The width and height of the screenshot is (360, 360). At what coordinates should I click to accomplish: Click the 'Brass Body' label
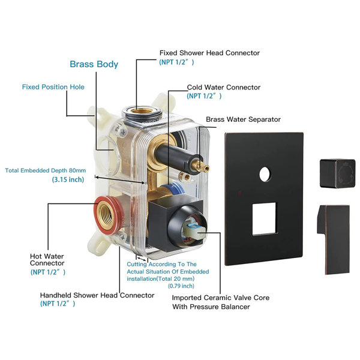click(94, 64)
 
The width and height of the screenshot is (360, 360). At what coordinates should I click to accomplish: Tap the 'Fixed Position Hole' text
click(53, 87)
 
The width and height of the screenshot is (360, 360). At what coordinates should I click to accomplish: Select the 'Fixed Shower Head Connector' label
click(209, 53)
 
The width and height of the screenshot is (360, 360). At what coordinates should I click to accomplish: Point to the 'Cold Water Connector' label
click(224, 87)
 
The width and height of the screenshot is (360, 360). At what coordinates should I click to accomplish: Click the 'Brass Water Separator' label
click(243, 119)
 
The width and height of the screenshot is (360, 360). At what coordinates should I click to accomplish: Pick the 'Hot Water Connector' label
click(47, 260)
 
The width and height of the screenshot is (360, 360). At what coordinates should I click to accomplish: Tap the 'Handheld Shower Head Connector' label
click(97, 295)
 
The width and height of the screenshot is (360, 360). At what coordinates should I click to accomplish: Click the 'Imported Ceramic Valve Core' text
click(221, 298)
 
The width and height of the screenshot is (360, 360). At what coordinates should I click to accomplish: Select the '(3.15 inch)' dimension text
click(68, 179)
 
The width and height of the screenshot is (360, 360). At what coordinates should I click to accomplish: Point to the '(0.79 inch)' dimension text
click(181, 286)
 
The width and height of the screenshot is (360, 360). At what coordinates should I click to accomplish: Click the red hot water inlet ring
click(108, 215)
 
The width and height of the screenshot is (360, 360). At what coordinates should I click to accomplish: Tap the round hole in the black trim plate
click(265, 174)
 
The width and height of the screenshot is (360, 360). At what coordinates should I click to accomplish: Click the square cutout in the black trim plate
click(264, 219)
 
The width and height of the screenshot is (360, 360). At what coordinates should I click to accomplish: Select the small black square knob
click(337, 173)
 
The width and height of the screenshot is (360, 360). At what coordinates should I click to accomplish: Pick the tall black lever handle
click(334, 239)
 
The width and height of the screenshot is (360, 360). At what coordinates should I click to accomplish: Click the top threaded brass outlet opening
click(142, 111)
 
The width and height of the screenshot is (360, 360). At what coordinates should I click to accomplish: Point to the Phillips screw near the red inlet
click(122, 237)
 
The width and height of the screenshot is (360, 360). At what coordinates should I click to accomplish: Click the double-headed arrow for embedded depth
click(120, 180)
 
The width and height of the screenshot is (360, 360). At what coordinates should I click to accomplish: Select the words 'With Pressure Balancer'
click(211, 307)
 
